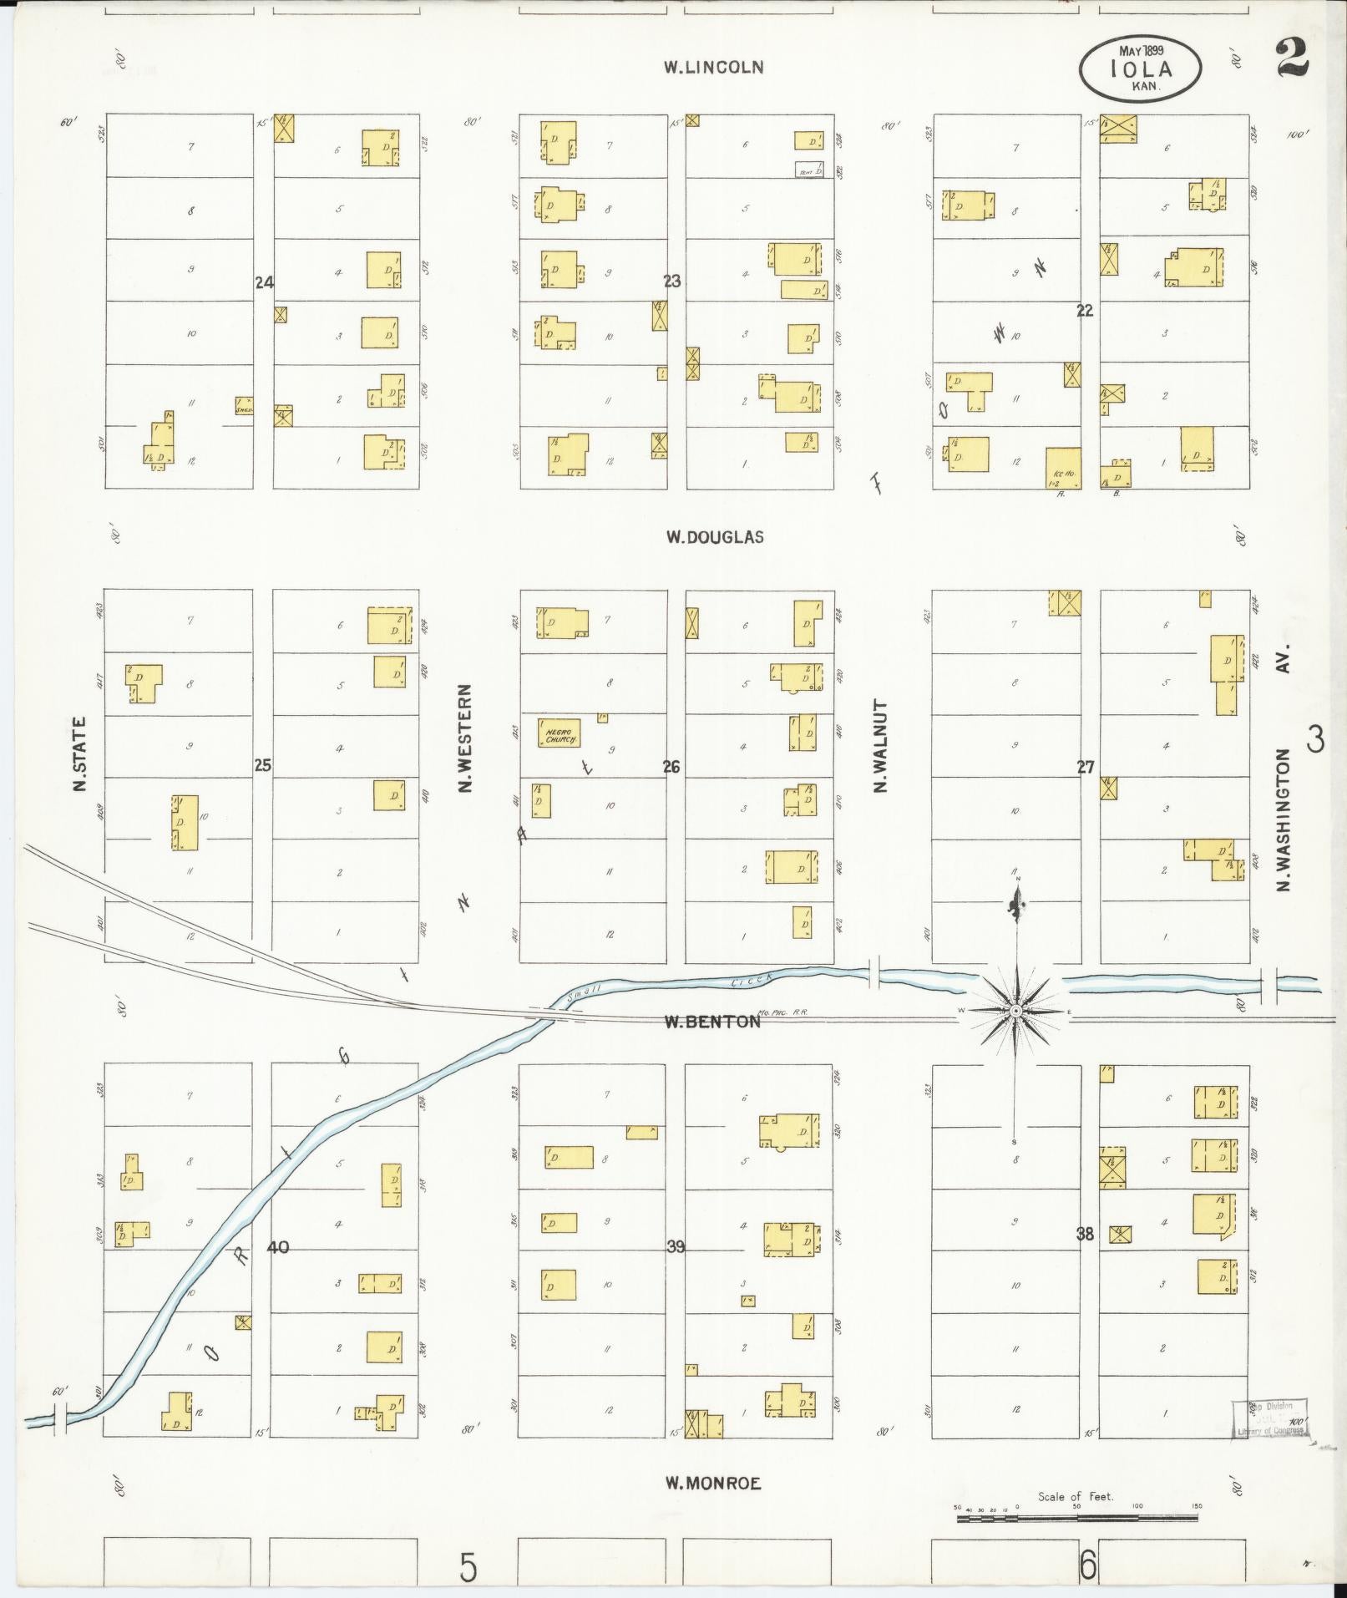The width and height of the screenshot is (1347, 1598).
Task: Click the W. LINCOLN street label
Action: [713, 68]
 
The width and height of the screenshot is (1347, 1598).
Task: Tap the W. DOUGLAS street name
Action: [714, 537]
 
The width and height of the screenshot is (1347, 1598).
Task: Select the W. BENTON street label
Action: [712, 1021]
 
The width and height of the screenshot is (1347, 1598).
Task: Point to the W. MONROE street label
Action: [713, 1484]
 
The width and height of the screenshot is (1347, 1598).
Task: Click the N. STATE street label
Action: [80, 754]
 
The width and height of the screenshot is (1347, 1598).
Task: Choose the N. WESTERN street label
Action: [465, 738]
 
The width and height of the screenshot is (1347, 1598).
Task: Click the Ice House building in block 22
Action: [1063, 468]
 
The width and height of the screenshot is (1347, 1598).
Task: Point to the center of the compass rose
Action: [1015, 1011]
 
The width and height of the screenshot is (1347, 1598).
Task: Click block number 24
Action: [264, 282]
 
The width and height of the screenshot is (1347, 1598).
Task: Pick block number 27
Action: [1085, 767]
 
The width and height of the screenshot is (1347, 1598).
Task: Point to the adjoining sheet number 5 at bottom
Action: [468, 1567]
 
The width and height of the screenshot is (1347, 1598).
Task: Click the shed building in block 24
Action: [244, 405]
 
